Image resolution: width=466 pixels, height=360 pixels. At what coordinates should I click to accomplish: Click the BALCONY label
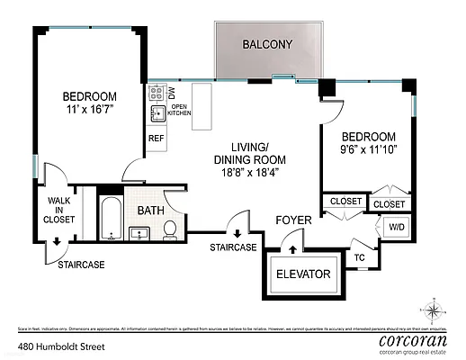click(x=267, y=44)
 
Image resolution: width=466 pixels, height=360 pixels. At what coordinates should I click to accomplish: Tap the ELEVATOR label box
click(x=303, y=274)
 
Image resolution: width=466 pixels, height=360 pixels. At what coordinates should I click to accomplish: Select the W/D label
click(x=397, y=227)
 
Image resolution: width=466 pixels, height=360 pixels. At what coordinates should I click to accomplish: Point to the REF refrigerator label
click(x=156, y=139)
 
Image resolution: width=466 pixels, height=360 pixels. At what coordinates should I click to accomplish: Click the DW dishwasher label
click(x=172, y=93)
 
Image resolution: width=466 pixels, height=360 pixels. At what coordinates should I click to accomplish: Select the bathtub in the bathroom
click(x=110, y=219)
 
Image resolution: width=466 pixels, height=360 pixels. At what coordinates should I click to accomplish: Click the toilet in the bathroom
click(x=168, y=231)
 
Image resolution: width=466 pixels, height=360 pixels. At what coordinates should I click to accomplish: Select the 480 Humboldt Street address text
click(x=59, y=345)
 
